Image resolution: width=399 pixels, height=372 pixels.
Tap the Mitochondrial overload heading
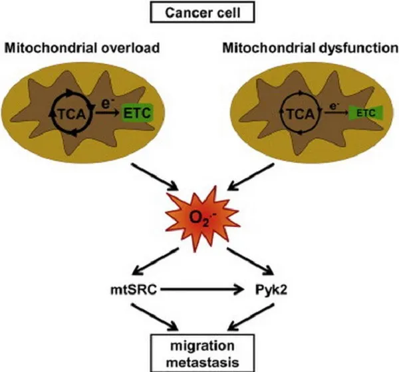click(x=82, y=48)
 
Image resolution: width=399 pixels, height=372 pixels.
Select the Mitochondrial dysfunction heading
click(x=311, y=48)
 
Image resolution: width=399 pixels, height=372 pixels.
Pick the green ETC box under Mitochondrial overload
click(x=137, y=112)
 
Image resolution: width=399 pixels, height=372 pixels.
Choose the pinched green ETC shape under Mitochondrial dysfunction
click(x=366, y=112)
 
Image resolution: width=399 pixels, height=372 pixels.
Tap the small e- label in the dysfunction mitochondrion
click(x=333, y=106)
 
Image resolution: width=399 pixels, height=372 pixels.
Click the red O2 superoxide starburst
click(x=203, y=219)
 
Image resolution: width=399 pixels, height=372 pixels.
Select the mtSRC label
click(x=134, y=289)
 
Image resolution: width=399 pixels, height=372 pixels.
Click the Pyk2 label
click(x=271, y=290)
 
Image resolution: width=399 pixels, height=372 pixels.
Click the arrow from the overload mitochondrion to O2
click(x=154, y=176)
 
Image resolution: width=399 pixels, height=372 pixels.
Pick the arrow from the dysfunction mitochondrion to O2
click(x=251, y=176)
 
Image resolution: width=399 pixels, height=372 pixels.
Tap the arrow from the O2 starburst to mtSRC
click(x=155, y=262)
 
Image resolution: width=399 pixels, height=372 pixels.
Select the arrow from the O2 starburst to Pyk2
click(x=250, y=262)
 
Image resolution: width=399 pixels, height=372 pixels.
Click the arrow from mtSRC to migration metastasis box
click(x=154, y=317)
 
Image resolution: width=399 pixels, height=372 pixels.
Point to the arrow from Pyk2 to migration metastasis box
click(x=251, y=317)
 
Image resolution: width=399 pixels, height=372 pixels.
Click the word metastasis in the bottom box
click(x=203, y=362)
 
